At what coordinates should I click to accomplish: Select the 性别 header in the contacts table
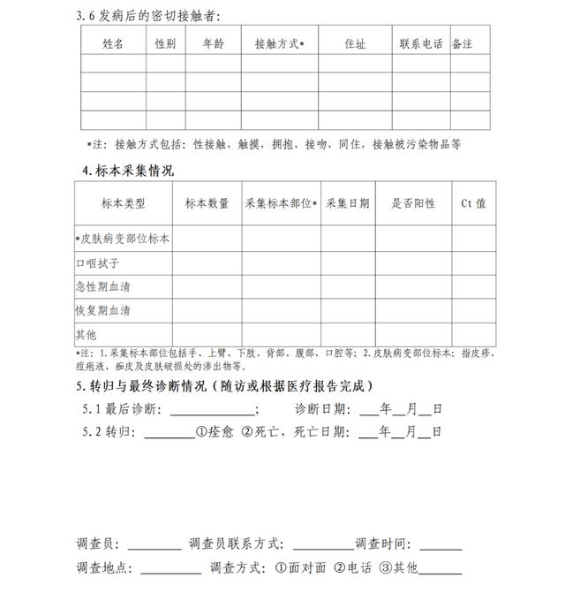[165, 42]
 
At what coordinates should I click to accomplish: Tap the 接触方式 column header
[279, 42]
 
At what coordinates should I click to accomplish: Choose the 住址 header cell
[355, 42]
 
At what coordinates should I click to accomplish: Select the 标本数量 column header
[207, 203]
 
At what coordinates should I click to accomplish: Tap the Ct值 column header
[473, 203]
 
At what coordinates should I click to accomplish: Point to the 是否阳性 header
[413, 203]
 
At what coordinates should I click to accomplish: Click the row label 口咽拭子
[98, 263]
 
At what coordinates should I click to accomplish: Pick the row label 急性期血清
[103, 287]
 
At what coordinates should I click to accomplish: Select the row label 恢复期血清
[103, 311]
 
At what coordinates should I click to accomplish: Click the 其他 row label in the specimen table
[87, 335]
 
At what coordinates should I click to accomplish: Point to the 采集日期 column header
[348, 203]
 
